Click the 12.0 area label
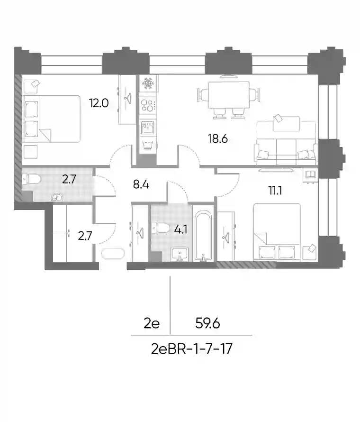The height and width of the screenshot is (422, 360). (99, 103)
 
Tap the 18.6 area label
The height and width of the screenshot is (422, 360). (218, 139)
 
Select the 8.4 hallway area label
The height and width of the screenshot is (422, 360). (141, 185)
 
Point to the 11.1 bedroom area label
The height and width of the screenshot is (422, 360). (275, 191)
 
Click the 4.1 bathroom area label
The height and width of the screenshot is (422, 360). (180, 230)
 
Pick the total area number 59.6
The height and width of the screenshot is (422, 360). (207, 323)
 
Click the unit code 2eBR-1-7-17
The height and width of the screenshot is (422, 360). (192, 349)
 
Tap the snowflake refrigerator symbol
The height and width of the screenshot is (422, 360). (148, 83)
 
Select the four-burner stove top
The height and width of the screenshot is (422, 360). (148, 105)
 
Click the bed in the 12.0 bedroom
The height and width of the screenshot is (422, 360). (52, 119)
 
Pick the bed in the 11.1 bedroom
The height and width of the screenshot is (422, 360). (277, 232)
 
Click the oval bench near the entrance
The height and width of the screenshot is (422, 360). (113, 253)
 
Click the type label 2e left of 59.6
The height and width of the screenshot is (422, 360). (152, 323)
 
